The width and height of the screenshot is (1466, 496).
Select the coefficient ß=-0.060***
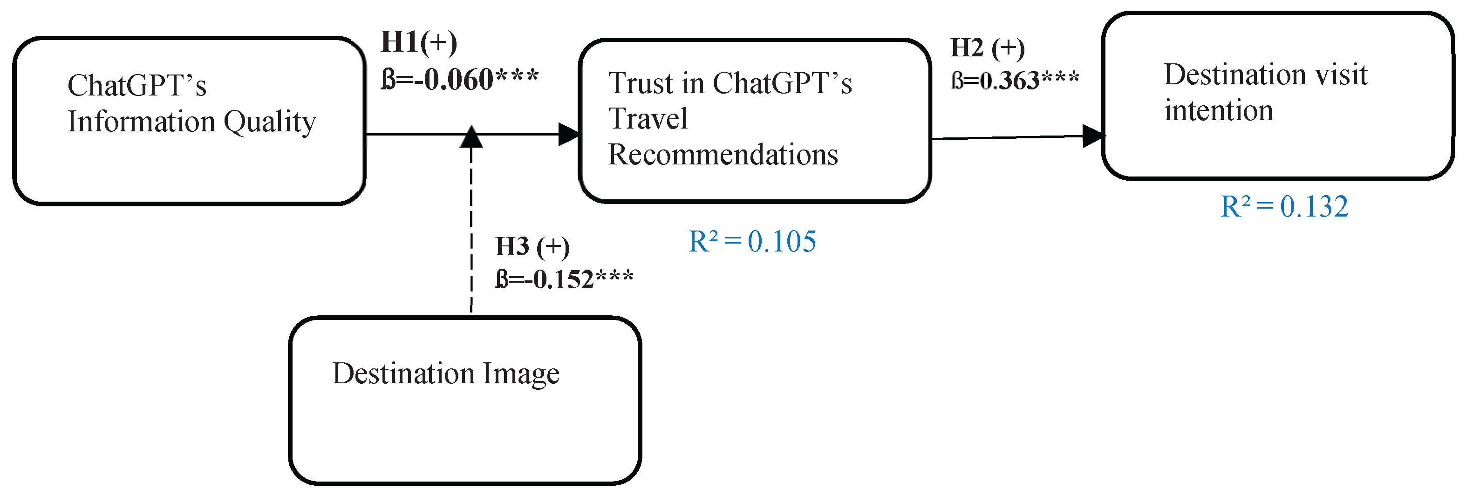(x=459, y=80)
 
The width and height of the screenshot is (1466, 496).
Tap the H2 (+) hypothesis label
(x=988, y=48)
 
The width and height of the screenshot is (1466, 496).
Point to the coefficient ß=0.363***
(x=1015, y=81)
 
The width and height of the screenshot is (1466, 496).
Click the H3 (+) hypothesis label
(x=532, y=247)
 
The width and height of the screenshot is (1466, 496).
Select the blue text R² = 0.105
(x=752, y=241)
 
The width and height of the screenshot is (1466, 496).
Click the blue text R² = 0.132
(x=1284, y=206)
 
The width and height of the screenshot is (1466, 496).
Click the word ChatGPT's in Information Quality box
(x=136, y=86)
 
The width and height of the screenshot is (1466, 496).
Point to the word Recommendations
(x=723, y=155)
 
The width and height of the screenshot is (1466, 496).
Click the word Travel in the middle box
(x=648, y=119)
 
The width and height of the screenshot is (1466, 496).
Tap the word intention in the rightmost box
(x=1218, y=110)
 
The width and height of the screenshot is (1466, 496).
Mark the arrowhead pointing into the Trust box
(x=568, y=135)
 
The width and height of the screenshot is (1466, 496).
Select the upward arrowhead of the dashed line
(x=471, y=137)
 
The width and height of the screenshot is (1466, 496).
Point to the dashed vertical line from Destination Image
(x=471, y=239)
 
